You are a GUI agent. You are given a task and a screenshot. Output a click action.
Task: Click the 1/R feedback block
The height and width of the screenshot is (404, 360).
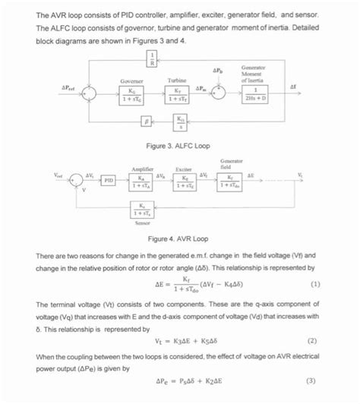click(x=152, y=58)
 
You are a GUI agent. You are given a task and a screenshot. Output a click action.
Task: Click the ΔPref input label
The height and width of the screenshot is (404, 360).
click(x=67, y=89)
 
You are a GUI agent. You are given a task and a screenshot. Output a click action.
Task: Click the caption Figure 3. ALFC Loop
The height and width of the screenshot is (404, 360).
click(x=179, y=144)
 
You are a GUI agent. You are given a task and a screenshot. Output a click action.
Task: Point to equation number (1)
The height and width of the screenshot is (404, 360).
click(x=314, y=285)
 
